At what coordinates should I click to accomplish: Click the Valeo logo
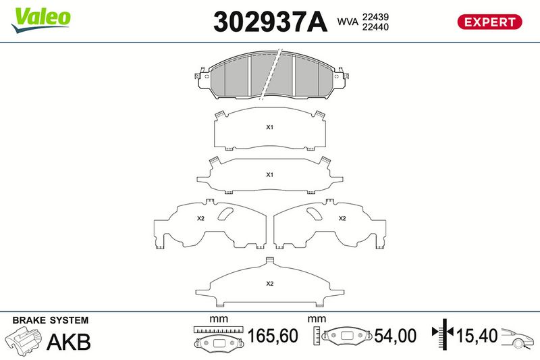[40, 20]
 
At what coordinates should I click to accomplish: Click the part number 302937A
[270, 22]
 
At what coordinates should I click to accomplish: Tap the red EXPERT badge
[489, 22]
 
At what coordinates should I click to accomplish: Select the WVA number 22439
[375, 16]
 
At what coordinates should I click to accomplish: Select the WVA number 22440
[375, 27]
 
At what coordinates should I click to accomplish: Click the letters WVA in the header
[348, 22]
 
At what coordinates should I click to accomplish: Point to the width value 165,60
[273, 336]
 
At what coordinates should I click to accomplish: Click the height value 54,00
[396, 336]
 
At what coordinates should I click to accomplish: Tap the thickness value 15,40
[477, 336]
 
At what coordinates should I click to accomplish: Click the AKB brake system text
[69, 342]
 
